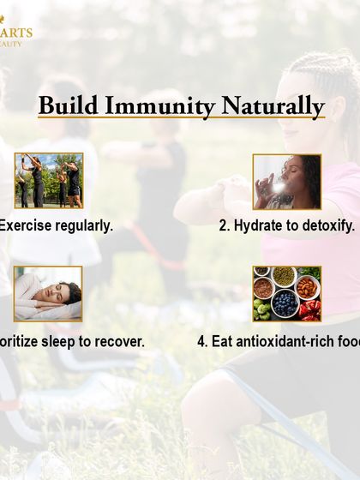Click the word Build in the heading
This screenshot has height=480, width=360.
pyautogui.click(x=69, y=106)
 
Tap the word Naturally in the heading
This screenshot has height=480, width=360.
pyautogui.click(x=273, y=106)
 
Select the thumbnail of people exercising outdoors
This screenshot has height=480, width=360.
pyautogui.click(x=49, y=181)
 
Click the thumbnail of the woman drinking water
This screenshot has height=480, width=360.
pyautogui.click(x=286, y=182)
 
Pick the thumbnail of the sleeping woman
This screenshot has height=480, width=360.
pyautogui.click(x=48, y=294)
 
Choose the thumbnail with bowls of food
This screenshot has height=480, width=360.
pyautogui.click(x=286, y=294)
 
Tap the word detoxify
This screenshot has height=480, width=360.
pyautogui.click(x=326, y=226)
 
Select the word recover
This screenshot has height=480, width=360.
pyautogui.click(x=119, y=341)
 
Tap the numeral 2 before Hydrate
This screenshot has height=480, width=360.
pyautogui.click(x=224, y=226)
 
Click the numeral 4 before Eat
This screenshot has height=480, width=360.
pyautogui.click(x=201, y=341)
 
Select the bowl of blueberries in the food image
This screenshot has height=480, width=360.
pyautogui.click(x=285, y=302)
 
